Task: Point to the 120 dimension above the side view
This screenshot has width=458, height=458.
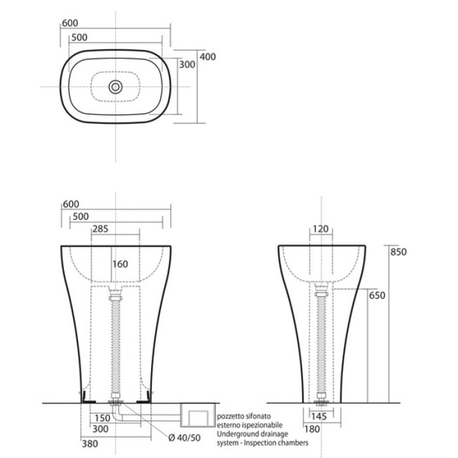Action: click(320, 228)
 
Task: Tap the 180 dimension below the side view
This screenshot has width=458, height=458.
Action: click(321, 430)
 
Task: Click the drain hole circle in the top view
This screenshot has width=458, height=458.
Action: click(116, 86)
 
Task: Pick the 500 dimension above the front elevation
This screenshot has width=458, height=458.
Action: click(79, 217)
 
